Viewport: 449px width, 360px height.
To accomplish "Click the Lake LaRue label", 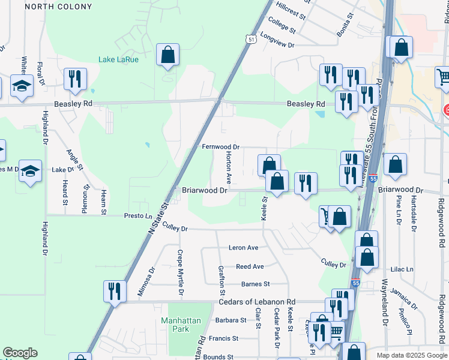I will click(119, 59).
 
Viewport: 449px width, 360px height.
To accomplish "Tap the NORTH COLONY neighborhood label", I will click(59, 7).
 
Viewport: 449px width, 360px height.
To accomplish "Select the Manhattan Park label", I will click(181, 325).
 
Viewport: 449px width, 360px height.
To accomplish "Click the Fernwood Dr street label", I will click(220, 146).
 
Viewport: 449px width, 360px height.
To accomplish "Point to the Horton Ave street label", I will click(229, 167).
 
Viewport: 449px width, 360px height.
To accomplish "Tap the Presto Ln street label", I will click(138, 215).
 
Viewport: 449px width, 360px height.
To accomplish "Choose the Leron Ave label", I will click(243, 248).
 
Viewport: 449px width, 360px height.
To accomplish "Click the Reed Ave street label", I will click(250, 266).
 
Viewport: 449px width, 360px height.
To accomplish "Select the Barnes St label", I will click(256, 284).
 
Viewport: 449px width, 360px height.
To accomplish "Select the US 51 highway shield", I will click(250, 38).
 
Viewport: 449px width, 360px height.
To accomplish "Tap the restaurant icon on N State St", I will click(113, 291).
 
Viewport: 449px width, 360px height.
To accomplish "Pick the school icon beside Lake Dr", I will click(30, 172).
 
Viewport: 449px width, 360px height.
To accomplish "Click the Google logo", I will click(20, 353).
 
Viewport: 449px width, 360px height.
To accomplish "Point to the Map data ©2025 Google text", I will click(412, 355).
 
